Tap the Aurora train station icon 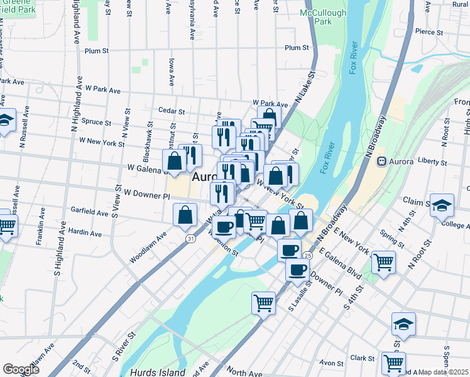click(381, 161)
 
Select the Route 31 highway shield click(190, 238)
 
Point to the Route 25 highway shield click(307, 256)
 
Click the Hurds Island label click(158, 373)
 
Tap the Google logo click(21, 369)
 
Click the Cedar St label click(172, 111)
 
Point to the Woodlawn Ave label click(148, 249)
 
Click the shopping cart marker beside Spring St click(383, 261)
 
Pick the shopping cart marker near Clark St click(394, 362)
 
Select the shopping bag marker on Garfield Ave click(185, 215)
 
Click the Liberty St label click(433, 161)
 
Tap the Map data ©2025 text click(444, 372)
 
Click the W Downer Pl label click(147, 195)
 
